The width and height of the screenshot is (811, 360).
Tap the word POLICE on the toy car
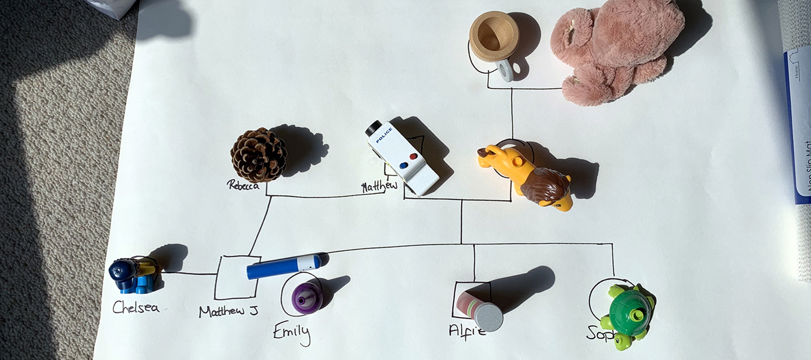coord(384,135)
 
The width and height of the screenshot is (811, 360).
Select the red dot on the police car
coord(413,156)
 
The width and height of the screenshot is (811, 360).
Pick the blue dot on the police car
coord(404,165)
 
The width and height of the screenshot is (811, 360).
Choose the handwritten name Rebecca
coord(243,185)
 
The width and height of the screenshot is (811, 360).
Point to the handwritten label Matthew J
coord(228,311)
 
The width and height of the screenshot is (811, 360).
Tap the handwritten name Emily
coord(292,332)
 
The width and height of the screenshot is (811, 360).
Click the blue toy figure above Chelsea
coord(132,276)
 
